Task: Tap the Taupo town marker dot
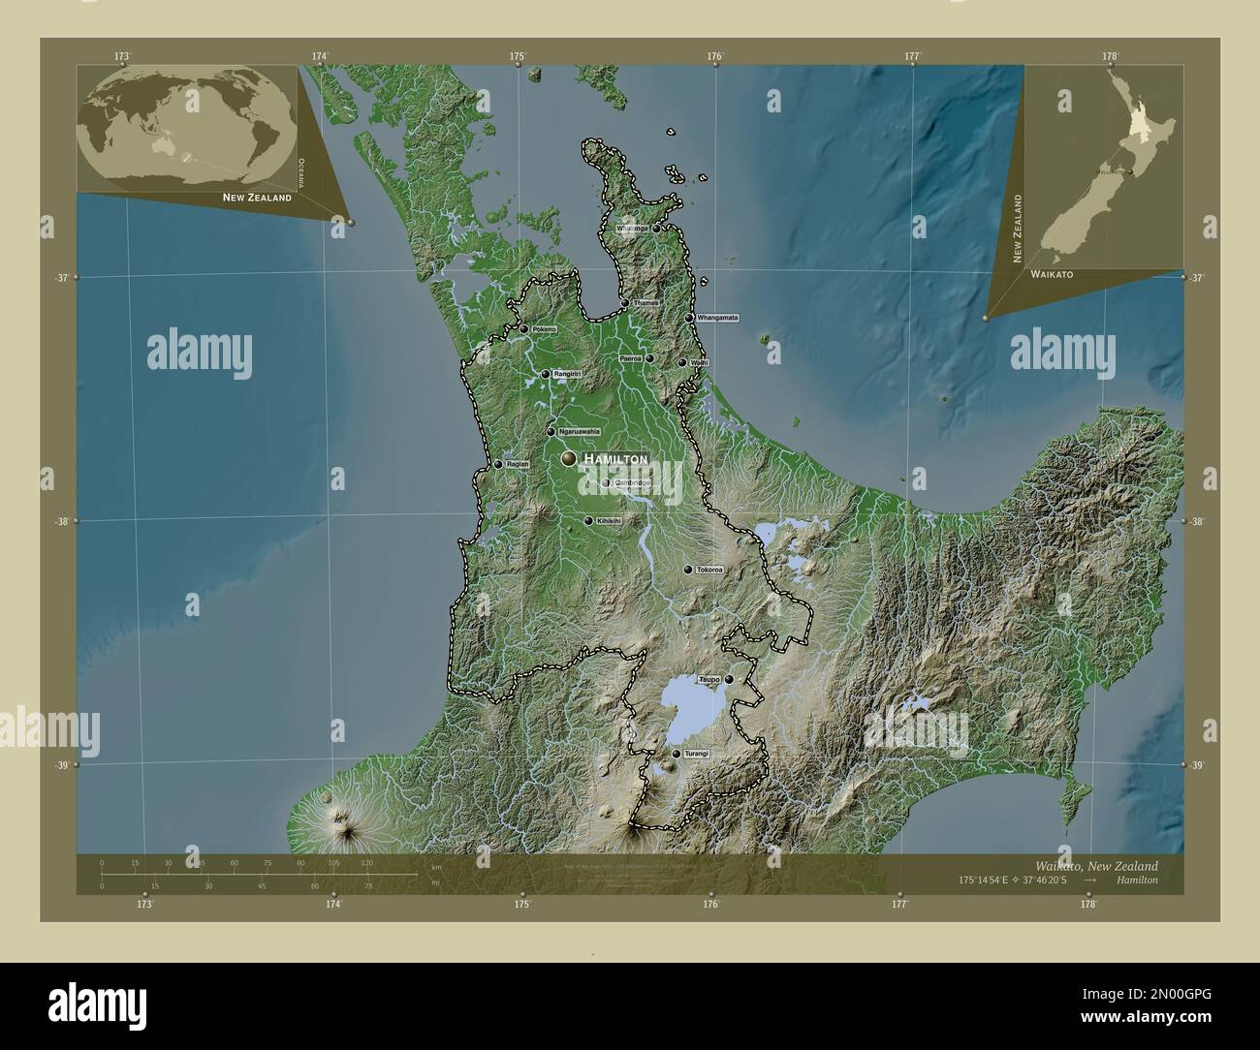(x=729, y=680)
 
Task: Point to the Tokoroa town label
(x=709, y=570)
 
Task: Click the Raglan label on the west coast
(x=518, y=464)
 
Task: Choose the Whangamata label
(x=718, y=318)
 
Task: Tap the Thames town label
(x=646, y=303)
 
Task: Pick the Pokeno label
(x=545, y=329)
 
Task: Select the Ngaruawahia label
(x=579, y=431)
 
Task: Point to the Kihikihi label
(x=610, y=520)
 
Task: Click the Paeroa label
(x=630, y=358)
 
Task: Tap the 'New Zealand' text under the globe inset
(x=257, y=198)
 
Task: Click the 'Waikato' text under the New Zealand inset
(x=1052, y=275)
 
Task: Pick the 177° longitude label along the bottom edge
(x=899, y=904)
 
